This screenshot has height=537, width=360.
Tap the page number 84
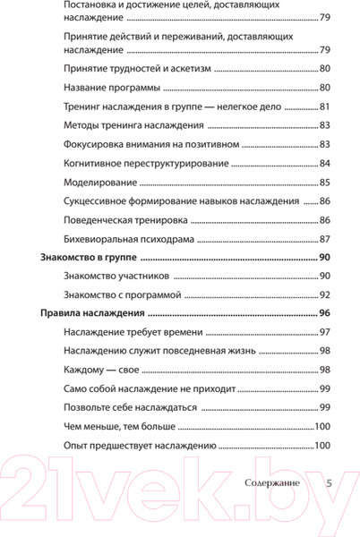tap(325, 163)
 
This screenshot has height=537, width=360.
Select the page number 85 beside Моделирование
tap(325, 182)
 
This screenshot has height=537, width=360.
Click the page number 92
tap(325, 294)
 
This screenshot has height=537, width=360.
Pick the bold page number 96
tap(325, 313)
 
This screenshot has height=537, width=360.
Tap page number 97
tap(325, 333)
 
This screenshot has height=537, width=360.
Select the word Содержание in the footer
tap(272, 482)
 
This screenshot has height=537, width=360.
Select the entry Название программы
tap(112, 88)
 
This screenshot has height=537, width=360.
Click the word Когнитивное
tap(100, 163)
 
